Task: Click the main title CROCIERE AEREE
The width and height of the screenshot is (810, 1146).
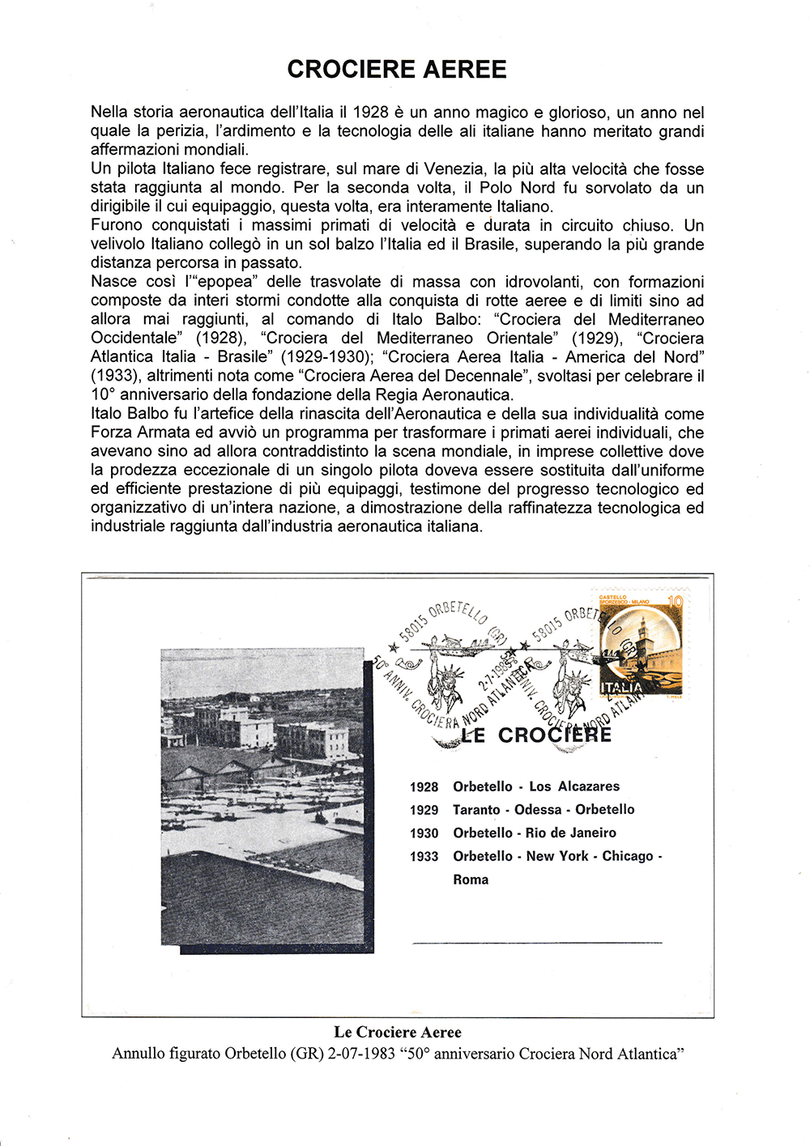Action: (x=397, y=70)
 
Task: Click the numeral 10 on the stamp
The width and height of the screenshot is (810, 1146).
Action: (x=675, y=602)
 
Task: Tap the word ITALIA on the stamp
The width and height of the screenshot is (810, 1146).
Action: (x=621, y=688)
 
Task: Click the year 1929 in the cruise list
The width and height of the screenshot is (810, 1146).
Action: (x=424, y=810)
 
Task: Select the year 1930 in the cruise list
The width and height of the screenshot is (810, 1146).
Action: (x=424, y=833)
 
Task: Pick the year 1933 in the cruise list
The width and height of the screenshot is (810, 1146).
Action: (x=424, y=857)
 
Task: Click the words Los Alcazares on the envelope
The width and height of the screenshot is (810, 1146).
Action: (x=574, y=786)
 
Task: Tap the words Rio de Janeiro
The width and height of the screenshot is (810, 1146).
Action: (x=571, y=833)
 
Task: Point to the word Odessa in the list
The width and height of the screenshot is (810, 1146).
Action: (x=538, y=810)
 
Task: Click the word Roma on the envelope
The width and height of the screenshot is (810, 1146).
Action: (x=471, y=880)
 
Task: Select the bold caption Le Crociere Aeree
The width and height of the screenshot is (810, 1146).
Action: (x=398, y=1033)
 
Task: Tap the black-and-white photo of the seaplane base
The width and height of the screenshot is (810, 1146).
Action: (x=262, y=798)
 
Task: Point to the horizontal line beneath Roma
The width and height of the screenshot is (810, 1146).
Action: (x=537, y=943)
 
